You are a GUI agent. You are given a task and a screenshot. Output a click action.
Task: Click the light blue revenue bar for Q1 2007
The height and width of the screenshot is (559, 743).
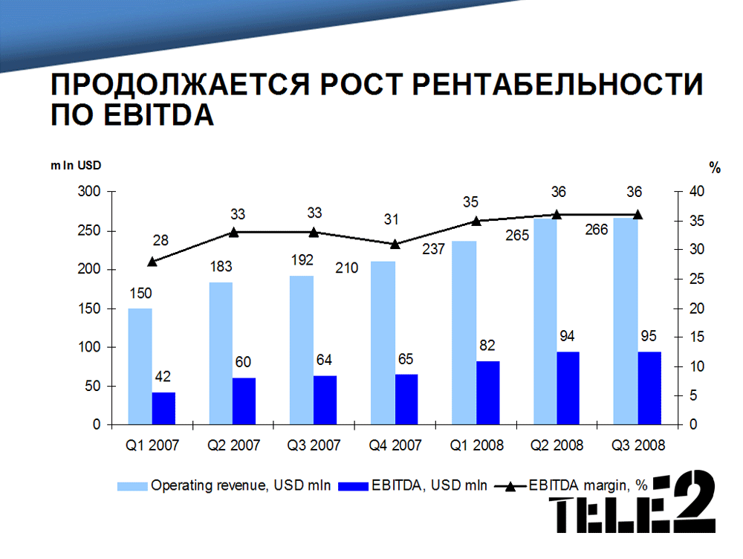pyautogui.click(x=140, y=366)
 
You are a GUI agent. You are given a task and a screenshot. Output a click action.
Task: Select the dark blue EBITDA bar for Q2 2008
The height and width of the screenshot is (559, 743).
pyautogui.click(x=568, y=388)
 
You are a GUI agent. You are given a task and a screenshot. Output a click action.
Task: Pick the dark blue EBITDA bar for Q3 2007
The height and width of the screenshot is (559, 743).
pyautogui.click(x=325, y=400)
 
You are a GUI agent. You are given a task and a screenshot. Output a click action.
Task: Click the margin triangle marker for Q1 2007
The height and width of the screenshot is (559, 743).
pyautogui.click(x=152, y=261)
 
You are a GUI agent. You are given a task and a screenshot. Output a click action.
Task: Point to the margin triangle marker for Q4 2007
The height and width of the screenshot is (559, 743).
pyautogui.click(x=395, y=244)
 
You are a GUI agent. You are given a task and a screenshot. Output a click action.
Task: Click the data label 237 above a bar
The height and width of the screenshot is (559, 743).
pyautogui.click(x=434, y=249)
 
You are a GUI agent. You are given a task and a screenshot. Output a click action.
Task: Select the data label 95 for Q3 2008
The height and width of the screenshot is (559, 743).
pyautogui.click(x=648, y=336)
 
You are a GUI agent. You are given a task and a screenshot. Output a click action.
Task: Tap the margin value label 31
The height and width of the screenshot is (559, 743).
pyautogui.click(x=392, y=219)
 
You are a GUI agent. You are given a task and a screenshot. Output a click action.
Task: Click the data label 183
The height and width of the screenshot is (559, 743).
pyautogui.click(x=221, y=265)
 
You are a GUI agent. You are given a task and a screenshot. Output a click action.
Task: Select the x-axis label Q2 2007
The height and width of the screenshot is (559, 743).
pyautogui.click(x=233, y=445)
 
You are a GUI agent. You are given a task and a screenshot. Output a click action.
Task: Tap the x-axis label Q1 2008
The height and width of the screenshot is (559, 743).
pyautogui.click(x=477, y=445)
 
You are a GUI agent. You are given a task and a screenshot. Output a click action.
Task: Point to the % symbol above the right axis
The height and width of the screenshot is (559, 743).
pyautogui.click(x=715, y=168)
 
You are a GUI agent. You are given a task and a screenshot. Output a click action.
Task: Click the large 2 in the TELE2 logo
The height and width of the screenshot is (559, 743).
pyautogui.click(x=689, y=503)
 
